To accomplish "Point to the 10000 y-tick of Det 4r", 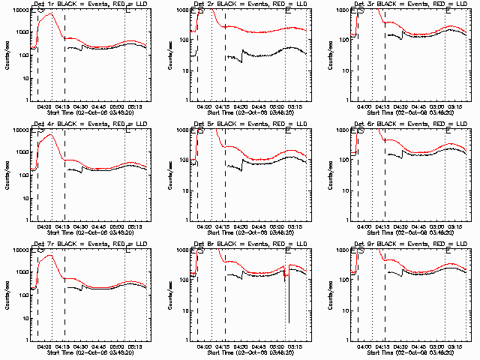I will (18, 130).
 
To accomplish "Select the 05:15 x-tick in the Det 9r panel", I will (456, 346).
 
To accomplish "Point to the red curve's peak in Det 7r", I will (49, 256).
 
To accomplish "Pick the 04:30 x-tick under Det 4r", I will (80, 226).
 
